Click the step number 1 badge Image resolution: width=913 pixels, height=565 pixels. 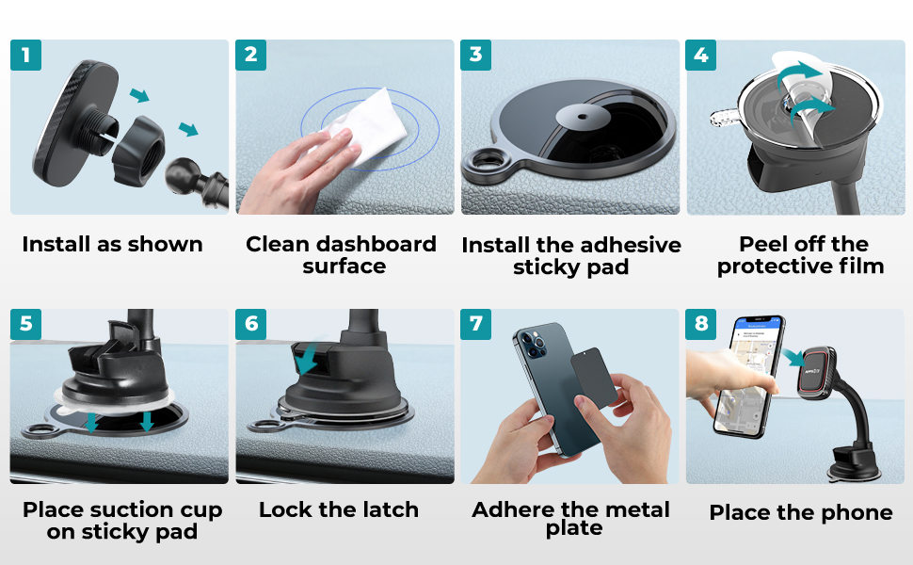pyautogui.click(x=25, y=55)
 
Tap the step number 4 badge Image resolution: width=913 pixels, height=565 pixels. pyautogui.click(x=700, y=55)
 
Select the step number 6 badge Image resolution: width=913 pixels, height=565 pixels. pyautogui.click(x=250, y=324)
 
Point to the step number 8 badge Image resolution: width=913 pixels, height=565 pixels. pyautogui.click(x=700, y=324)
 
